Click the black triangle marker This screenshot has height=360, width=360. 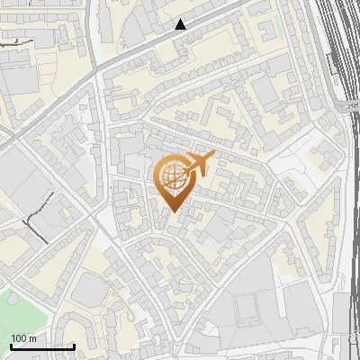click(x=181, y=24)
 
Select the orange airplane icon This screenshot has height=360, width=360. click(x=200, y=165)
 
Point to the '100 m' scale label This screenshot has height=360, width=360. click(x=24, y=338)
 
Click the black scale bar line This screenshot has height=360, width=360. click(x=42, y=346)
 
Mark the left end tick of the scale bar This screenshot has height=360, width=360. click(x=11, y=345)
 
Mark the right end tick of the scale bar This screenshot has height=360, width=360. click(x=74, y=345)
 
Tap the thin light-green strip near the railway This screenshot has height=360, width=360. click(x=277, y=27)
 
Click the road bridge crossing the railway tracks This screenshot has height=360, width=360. click(x=346, y=106)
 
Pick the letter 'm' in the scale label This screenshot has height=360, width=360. click(x=32, y=338)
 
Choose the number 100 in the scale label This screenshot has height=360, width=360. click(x=20, y=338)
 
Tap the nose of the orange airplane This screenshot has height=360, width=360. click(x=213, y=156)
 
